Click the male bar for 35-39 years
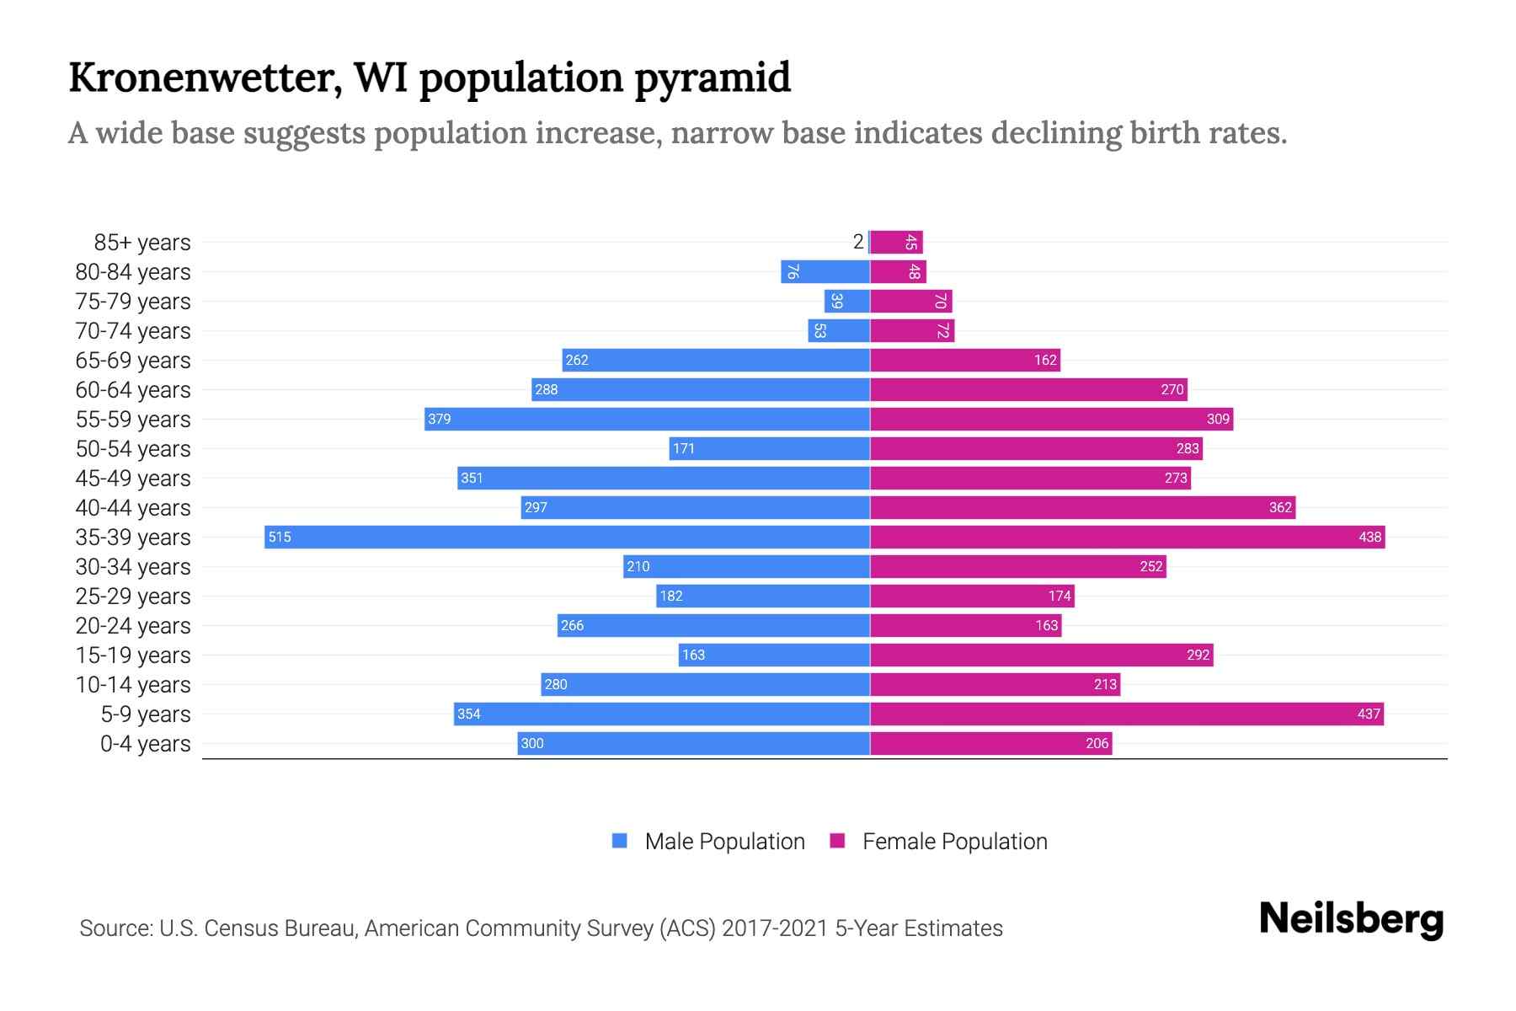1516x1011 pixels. coord(567,537)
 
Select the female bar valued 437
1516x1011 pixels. coord(1126,714)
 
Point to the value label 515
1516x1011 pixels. coord(280,537)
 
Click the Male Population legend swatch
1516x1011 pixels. coord(620,841)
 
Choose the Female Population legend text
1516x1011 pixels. coord(954,841)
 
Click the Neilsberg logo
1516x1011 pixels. coord(1351,919)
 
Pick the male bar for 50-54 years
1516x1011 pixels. coord(769,448)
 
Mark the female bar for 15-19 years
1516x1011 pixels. coord(1041,655)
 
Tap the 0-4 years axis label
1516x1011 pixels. coord(145,744)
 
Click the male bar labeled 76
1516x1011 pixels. coord(825,271)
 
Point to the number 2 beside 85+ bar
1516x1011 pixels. coord(857,242)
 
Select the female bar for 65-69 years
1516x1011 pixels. coord(964,360)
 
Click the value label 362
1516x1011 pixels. coord(1279,507)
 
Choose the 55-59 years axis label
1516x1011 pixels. coord(133,420)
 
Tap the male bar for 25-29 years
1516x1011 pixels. coord(762,596)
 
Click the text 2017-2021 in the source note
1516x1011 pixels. coord(774,928)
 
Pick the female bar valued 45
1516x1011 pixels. coord(896,242)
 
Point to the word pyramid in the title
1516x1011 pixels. coord(713,78)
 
